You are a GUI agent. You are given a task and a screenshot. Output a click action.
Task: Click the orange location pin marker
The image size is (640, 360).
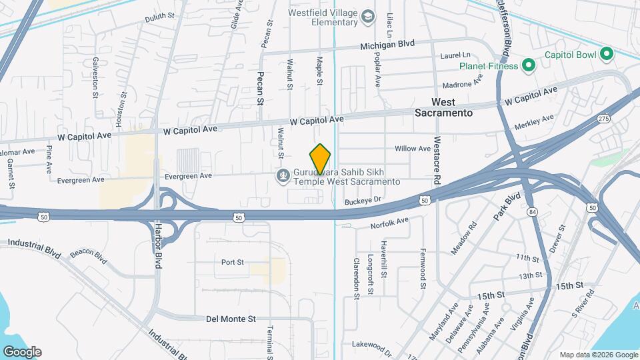pyautogui.click(x=321, y=159)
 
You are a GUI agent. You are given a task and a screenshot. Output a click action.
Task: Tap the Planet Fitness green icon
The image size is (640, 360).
pyautogui.click(x=528, y=65)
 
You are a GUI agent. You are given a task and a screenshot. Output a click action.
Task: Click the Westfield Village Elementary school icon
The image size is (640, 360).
pyautogui.click(x=368, y=17)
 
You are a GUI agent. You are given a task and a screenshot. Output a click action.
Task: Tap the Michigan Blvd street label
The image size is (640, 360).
pyautogui.click(x=387, y=44)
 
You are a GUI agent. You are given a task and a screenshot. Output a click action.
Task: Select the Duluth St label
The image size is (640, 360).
pyautogui.click(x=159, y=15)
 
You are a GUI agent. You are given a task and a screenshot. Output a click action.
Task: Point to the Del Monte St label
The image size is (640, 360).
pyautogui.click(x=234, y=319)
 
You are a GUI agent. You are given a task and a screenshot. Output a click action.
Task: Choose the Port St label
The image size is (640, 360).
pyautogui.click(x=233, y=262)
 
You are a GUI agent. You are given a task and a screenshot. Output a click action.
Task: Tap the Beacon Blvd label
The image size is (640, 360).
pyautogui.click(x=89, y=257)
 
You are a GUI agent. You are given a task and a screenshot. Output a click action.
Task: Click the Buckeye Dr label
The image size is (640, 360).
pyautogui.click(x=363, y=200)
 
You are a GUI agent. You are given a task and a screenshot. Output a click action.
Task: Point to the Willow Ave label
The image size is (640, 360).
pyautogui.click(x=413, y=149)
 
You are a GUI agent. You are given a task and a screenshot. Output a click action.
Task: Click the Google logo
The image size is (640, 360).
pyautogui.click(x=21, y=352)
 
